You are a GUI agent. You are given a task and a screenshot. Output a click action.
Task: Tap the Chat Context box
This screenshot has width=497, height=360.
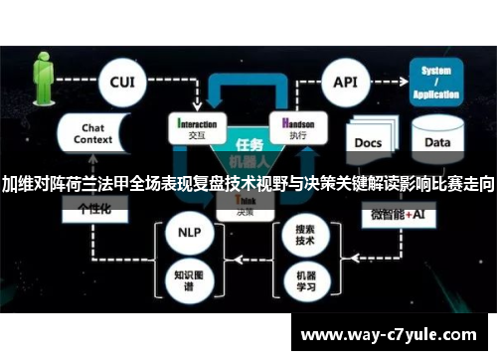coord(93,136)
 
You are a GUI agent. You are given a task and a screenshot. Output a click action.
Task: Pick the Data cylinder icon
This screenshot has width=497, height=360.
coord(436,140)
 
